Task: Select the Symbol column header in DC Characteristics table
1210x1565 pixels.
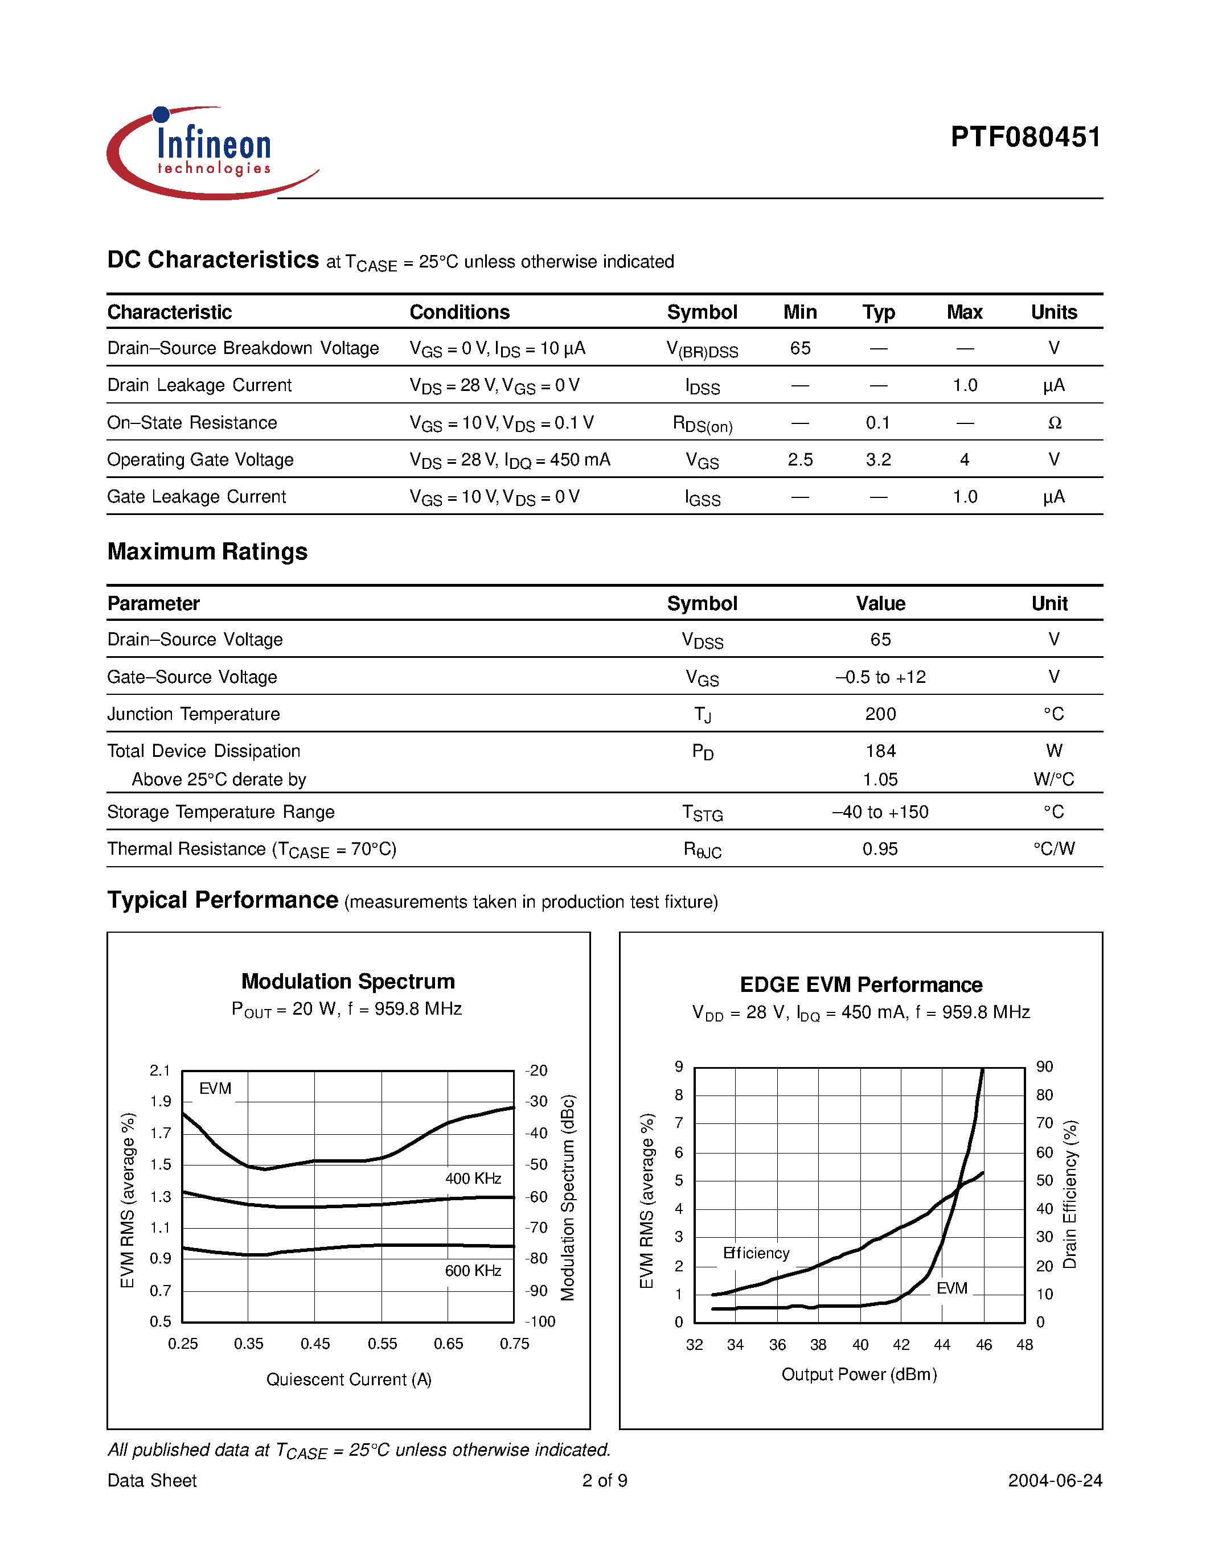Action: tap(701, 312)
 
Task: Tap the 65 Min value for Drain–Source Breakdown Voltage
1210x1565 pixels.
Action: tap(800, 348)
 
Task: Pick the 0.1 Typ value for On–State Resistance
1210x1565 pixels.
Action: tap(877, 423)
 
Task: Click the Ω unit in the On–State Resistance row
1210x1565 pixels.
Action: tap(1054, 423)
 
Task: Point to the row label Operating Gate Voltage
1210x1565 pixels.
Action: tap(200, 460)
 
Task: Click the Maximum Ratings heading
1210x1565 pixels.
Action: tap(207, 552)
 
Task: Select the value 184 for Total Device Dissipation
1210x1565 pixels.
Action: tap(880, 751)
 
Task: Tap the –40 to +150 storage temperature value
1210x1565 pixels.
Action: tap(880, 812)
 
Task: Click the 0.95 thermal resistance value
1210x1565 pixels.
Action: tap(880, 849)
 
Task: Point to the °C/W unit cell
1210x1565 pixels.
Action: tap(1054, 849)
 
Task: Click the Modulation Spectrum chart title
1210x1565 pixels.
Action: tap(348, 981)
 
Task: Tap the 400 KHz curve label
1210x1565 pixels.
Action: tap(473, 1179)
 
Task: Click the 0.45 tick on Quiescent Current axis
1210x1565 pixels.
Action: tap(315, 1344)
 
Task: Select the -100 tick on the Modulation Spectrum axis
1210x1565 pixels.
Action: tap(540, 1321)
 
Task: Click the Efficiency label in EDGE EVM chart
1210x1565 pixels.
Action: tap(756, 1253)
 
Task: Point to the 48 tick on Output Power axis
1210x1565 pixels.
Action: tap(1024, 1345)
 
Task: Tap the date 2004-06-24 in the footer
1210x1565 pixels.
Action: tap(1055, 1480)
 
